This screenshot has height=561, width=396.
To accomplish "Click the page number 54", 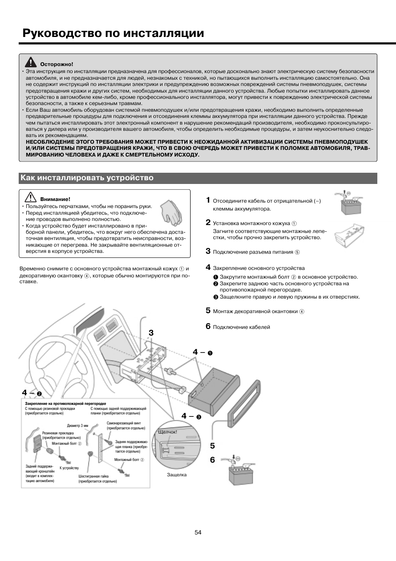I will coord(198,532).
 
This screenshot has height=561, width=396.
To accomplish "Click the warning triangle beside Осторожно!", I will coord(30,63).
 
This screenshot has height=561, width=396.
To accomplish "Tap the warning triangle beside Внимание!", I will coord(29,198).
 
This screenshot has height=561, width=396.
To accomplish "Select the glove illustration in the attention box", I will coord(171,211).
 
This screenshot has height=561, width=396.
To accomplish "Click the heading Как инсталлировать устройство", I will coord(87,178).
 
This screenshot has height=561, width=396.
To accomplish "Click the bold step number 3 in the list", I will coord(208,251).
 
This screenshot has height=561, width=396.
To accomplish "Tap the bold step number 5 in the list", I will coord(208,310).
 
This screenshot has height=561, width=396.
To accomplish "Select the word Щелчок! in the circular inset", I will coord(168,432).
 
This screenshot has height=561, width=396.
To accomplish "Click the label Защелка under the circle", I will coord(177,475).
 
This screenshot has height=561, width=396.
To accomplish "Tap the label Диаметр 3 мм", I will coord(78,426).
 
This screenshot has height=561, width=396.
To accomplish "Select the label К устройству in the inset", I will coord(69,468).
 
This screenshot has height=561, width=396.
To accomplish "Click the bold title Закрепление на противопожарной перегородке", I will coord(66,403).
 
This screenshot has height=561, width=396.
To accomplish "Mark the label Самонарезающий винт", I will coord(120,423).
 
